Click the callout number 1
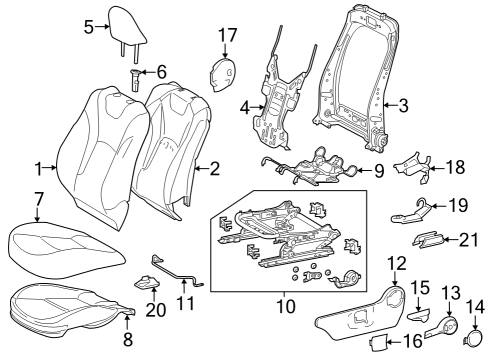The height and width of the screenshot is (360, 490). [x=38, y=168]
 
